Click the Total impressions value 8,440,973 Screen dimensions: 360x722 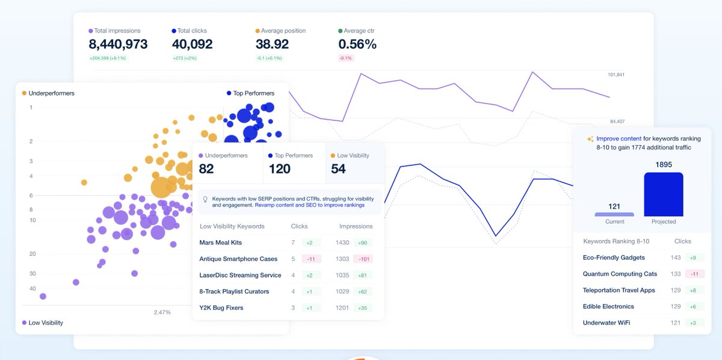click(118, 45)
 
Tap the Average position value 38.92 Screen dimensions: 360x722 click(272, 45)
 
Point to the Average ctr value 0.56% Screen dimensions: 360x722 click(357, 45)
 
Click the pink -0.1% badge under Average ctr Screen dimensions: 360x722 click(346, 58)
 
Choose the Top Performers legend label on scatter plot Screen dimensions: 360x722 click(253, 93)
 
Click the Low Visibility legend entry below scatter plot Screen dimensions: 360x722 click(45, 323)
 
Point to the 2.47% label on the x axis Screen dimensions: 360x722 click(162, 312)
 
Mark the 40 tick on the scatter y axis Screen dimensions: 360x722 click(32, 289)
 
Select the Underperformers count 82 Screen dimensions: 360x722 click(206, 169)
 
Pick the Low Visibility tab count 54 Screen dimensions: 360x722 click(338, 169)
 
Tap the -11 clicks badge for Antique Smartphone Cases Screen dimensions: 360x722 click(312, 259)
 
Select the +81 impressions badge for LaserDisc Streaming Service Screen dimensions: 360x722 click(363, 275)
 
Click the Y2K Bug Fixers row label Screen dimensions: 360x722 click(221, 308)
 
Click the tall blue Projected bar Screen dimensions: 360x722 click(664, 194)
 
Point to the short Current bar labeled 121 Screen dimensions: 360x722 click(614, 214)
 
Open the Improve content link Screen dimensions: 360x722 click(619, 138)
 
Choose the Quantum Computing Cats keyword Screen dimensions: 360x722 click(620, 274)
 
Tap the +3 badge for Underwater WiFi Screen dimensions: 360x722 click(693, 323)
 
